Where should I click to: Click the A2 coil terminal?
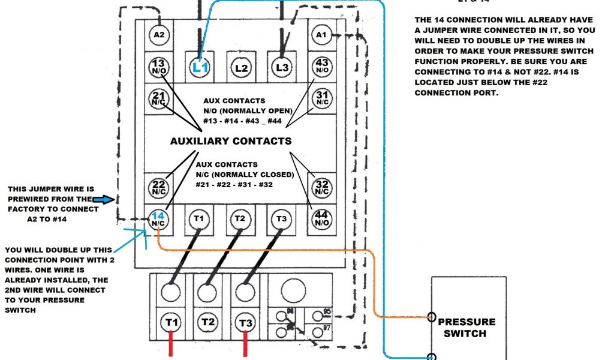coord(158,35)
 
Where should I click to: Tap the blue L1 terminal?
coord(200,67)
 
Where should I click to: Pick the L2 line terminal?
coord(241,67)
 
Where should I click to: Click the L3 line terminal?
coord(282,67)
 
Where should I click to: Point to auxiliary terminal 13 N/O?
coord(158,67)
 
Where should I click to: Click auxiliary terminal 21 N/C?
coord(158,98)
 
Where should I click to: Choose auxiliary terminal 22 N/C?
coord(158,188)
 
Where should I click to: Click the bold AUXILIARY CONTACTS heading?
coord(231,142)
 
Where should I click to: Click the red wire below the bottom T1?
coord(171,347)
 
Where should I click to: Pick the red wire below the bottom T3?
coord(245,347)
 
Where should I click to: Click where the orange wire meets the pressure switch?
coord(432,317)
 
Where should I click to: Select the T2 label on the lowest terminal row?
coord(208,323)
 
